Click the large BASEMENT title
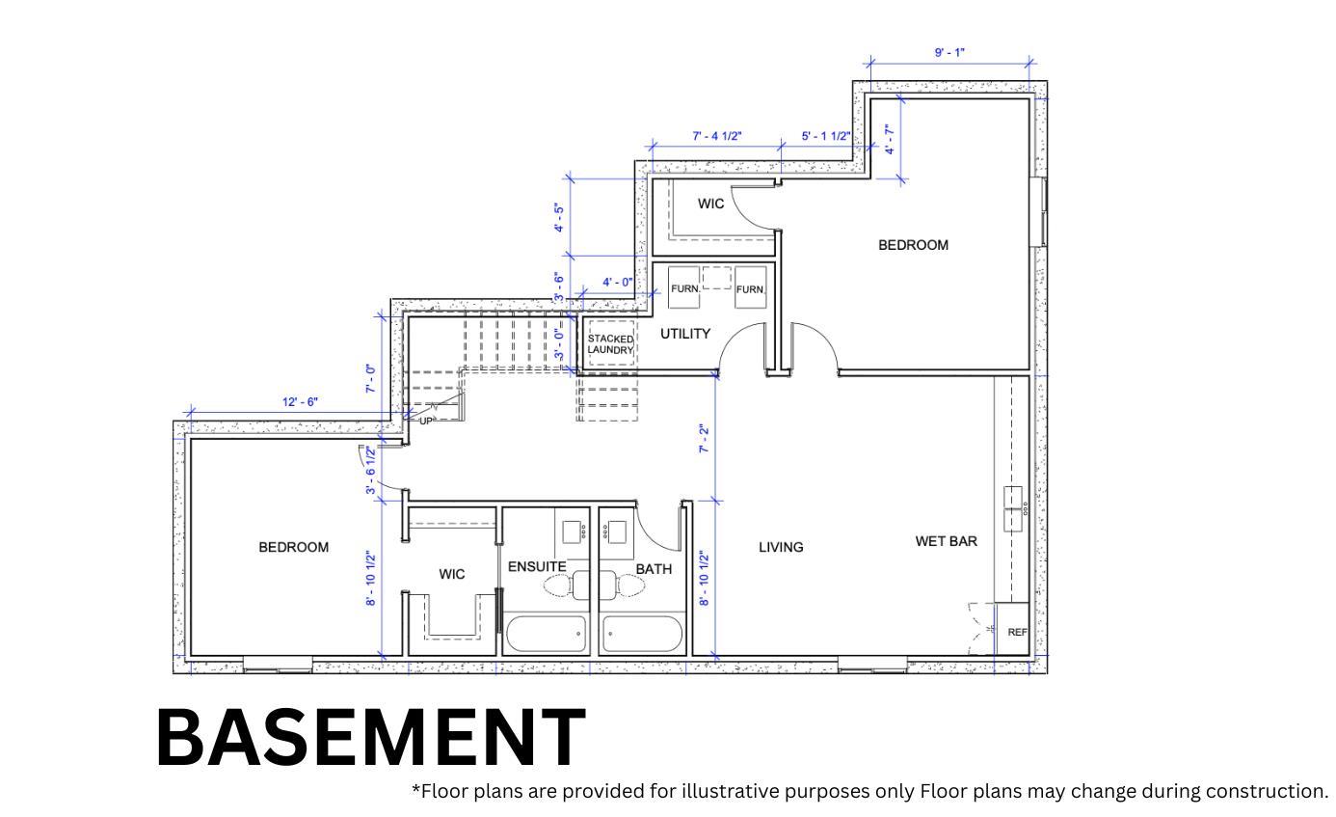click(370, 736)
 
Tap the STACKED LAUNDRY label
click(611, 344)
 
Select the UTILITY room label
click(685, 334)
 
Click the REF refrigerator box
click(1016, 632)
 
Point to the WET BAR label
click(946, 541)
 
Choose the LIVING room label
click(781, 547)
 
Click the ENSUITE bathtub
click(546, 634)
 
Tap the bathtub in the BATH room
click(642, 634)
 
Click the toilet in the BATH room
click(622, 585)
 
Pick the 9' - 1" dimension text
click(949, 52)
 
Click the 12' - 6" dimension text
click(301, 402)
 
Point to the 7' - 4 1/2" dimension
click(717, 136)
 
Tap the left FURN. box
click(684, 288)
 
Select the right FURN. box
click(750, 288)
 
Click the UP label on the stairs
click(427, 421)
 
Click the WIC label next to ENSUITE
click(452, 574)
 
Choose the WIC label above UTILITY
click(711, 204)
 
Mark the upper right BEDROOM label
click(913, 245)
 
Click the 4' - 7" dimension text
click(890, 140)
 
